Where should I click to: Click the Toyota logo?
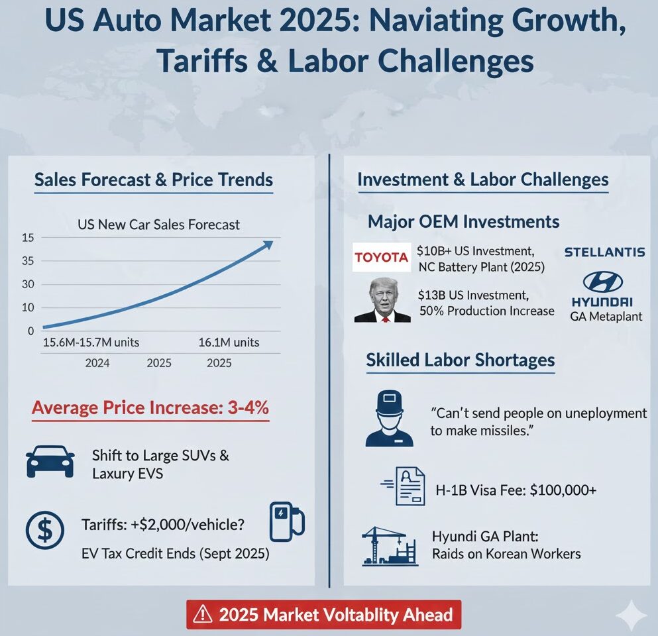[381, 258]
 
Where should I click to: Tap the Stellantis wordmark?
[604, 252]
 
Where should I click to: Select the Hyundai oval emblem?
[602, 282]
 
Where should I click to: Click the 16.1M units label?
[229, 343]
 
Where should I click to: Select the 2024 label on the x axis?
[97, 363]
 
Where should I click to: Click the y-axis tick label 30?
[27, 285]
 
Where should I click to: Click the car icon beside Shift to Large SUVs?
[50, 460]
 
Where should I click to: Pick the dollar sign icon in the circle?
[44, 530]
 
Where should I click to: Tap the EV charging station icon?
[286, 521]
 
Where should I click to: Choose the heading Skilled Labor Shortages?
[461, 360]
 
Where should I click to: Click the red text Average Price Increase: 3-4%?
[150, 408]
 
